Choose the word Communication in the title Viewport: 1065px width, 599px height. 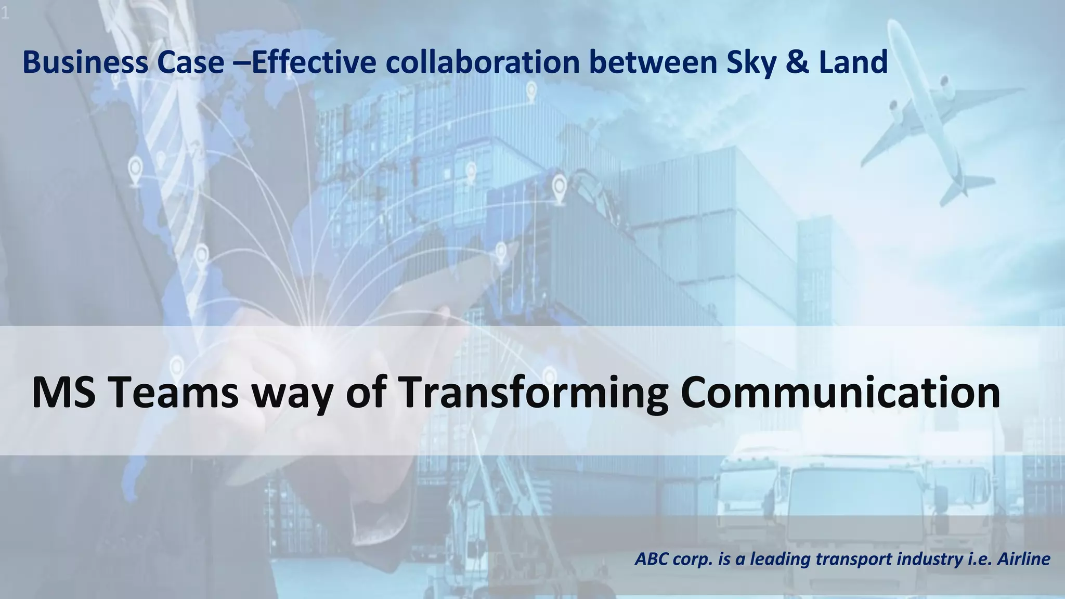click(x=840, y=393)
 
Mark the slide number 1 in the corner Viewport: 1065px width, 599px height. click(x=5, y=15)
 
